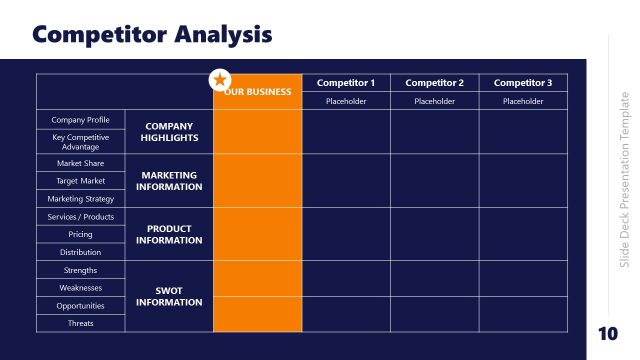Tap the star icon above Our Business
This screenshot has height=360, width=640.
coord(219,79)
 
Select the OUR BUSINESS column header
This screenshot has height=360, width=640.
coord(259,92)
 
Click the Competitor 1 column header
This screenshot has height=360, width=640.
coord(345,83)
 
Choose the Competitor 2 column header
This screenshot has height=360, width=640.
coord(434,83)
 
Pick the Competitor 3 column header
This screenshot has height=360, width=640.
coord(523,83)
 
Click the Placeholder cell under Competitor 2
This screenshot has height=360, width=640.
coord(434,101)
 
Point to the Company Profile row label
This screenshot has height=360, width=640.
coord(81,120)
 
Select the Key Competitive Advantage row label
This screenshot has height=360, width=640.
coord(81,142)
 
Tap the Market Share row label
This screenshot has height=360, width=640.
coord(81,163)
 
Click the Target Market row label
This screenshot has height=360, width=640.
coord(81,181)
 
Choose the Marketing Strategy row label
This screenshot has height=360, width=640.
coord(81,199)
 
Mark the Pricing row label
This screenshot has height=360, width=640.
coord(81,235)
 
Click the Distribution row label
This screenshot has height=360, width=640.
coord(81,252)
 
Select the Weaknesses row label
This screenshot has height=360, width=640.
coord(81,288)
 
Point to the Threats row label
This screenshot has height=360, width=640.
coord(81,324)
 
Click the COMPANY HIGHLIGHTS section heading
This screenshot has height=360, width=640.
coord(169,132)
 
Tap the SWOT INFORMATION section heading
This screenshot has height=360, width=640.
coord(169,296)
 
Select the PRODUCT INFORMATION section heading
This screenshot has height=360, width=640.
coord(169,234)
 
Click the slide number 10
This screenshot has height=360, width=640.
coord(607,333)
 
